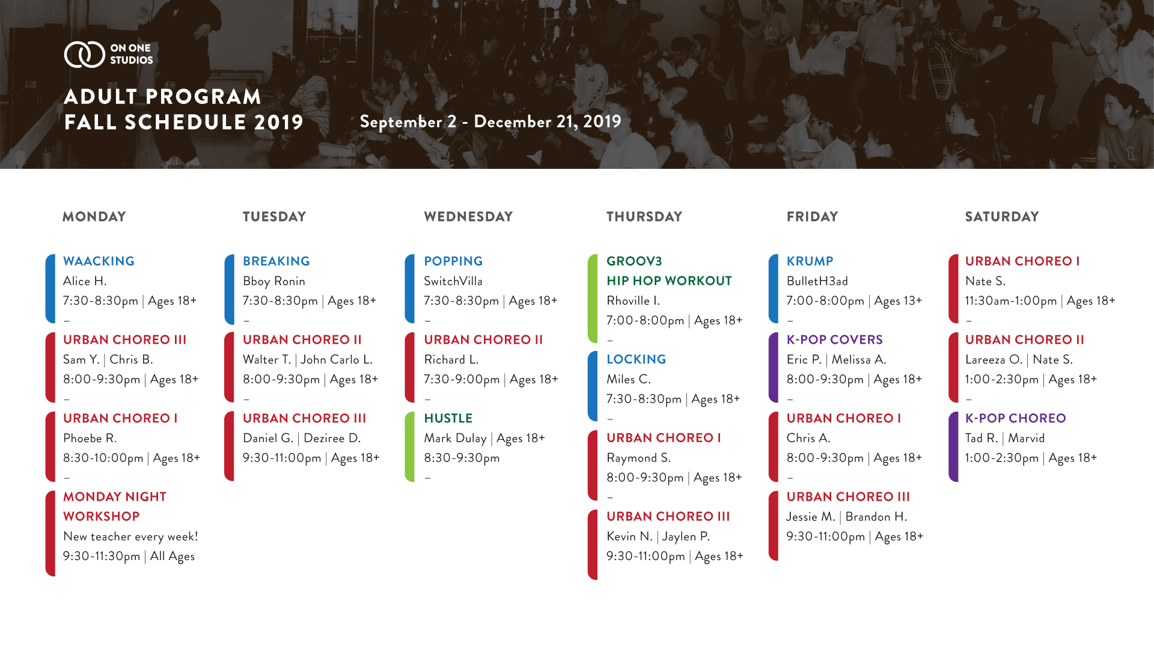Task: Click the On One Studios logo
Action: point(108,54)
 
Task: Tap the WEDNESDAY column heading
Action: point(468,217)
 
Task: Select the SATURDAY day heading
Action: point(1002,217)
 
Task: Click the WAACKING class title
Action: point(99,261)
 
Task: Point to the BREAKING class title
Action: point(276,261)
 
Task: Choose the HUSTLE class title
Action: point(448,418)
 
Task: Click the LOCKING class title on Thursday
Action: point(636,359)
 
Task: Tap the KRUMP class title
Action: point(810,261)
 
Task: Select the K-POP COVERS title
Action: point(834,340)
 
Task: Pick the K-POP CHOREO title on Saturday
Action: point(1015,418)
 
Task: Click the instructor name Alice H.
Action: point(85,281)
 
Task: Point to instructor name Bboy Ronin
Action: point(274,281)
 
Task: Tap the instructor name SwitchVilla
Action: point(453,281)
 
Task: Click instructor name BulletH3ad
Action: point(817,281)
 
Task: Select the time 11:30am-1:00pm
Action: point(1011,301)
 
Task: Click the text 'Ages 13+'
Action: point(898,301)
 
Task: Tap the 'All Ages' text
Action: point(172,556)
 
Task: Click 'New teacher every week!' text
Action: point(130,537)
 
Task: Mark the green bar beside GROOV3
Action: point(593,299)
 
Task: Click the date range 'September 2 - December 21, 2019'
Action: point(490,122)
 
